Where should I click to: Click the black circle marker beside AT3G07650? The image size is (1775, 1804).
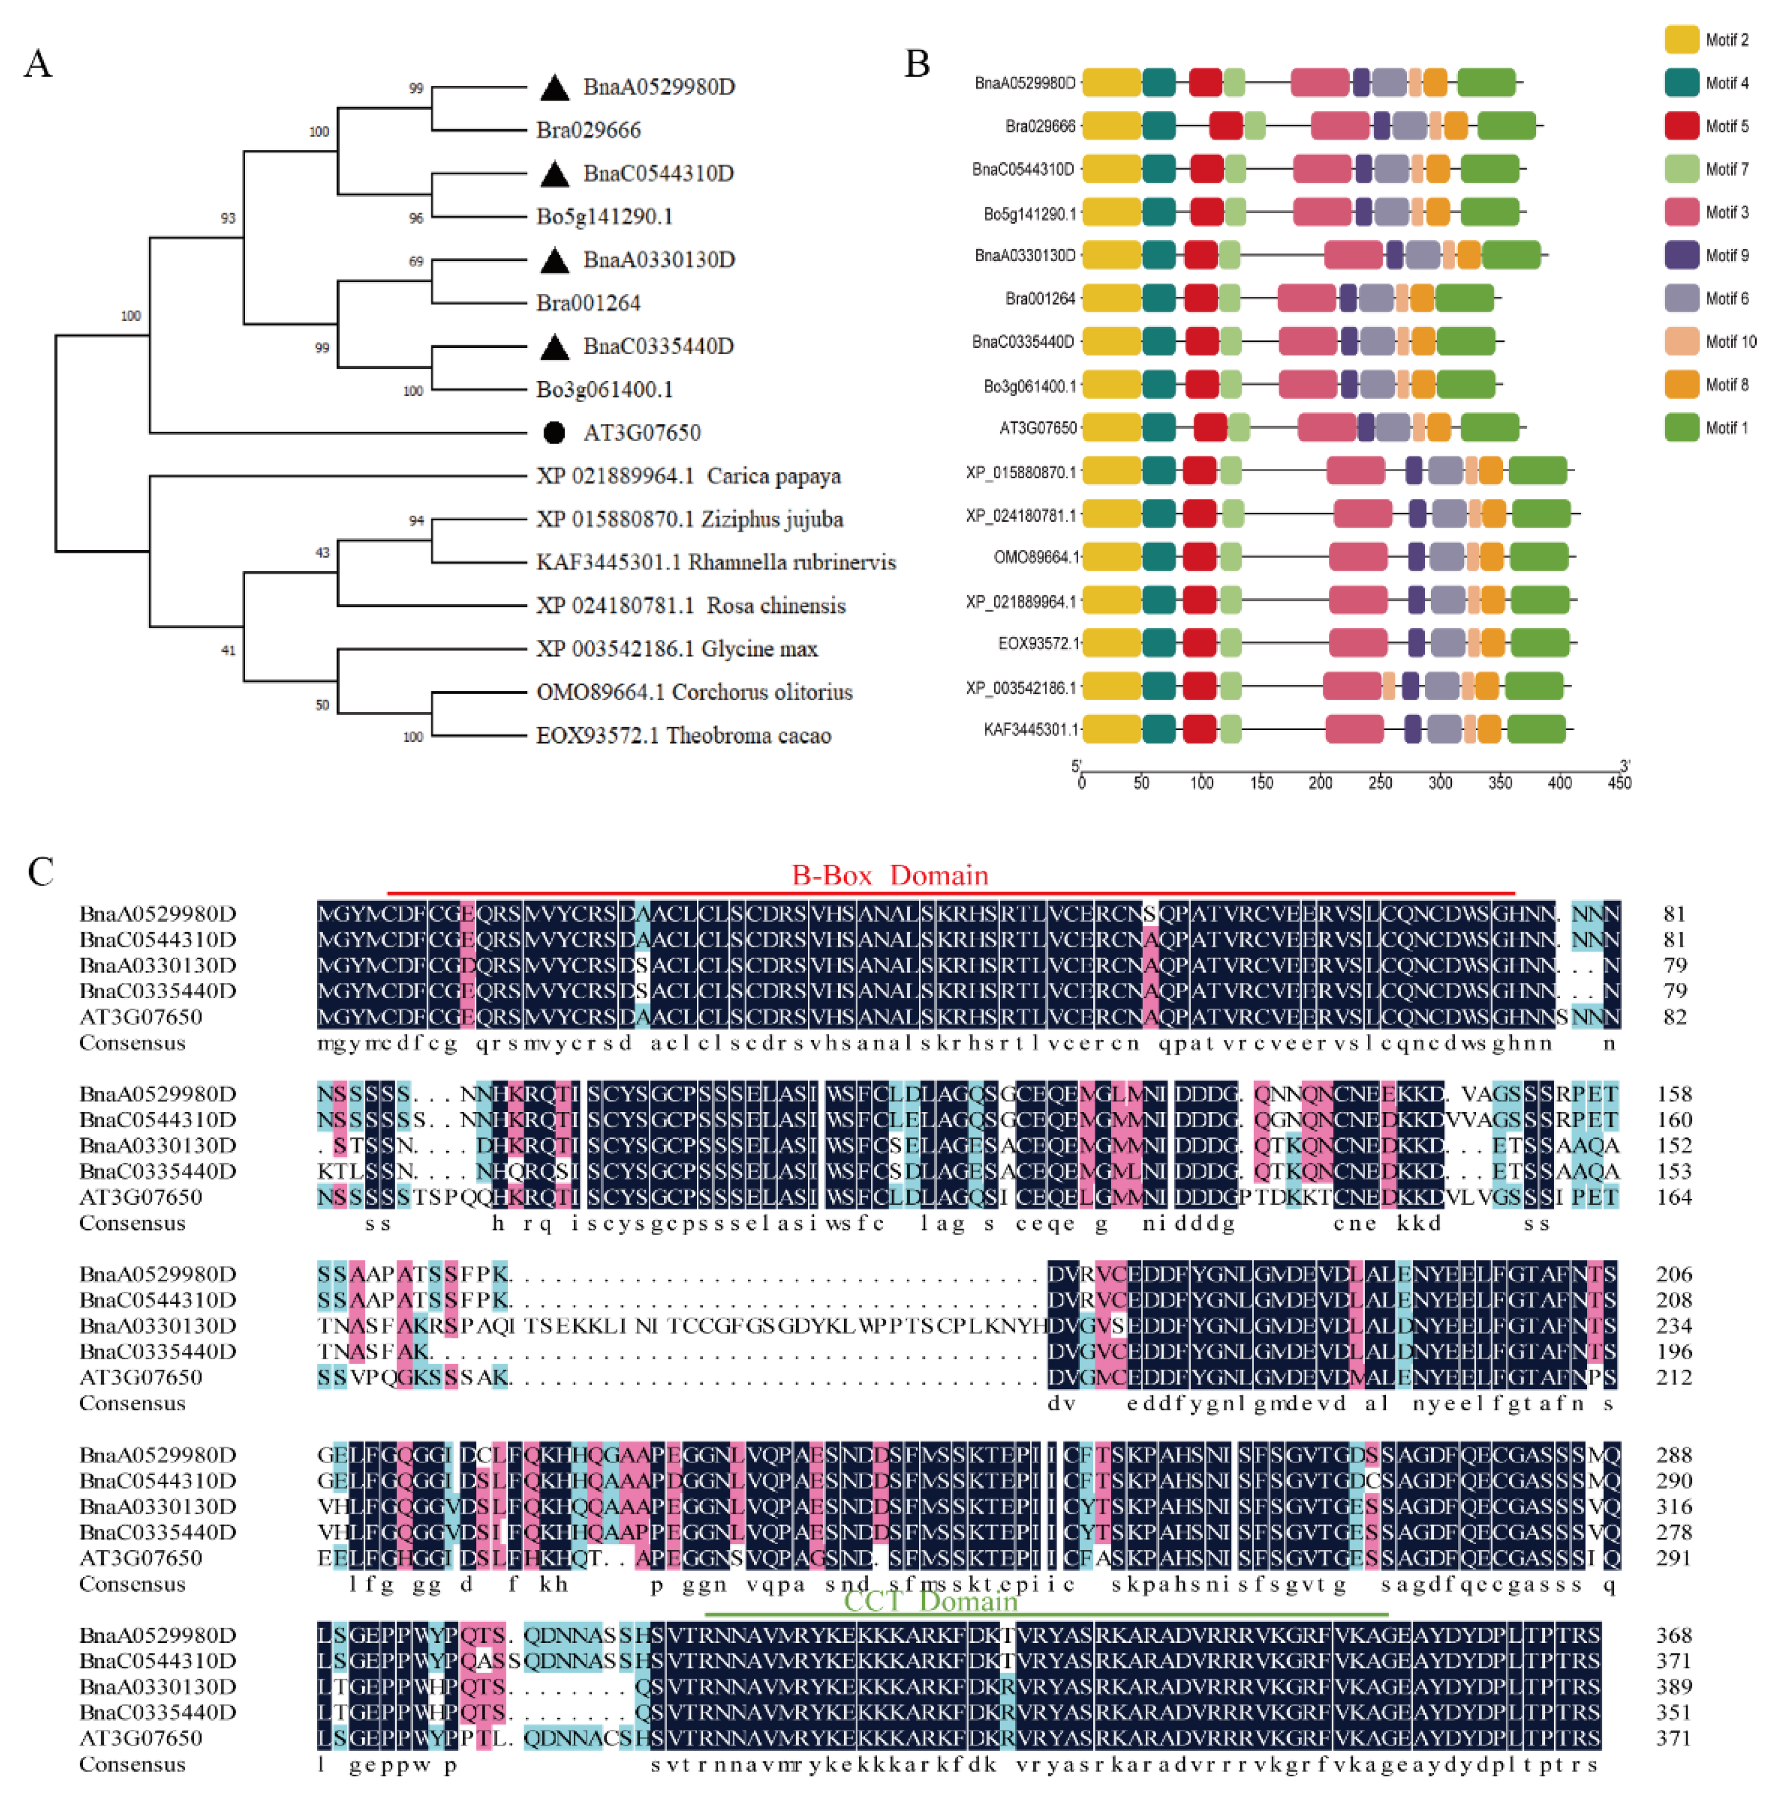point(554,433)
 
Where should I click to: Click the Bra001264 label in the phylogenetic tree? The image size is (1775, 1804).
point(588,303)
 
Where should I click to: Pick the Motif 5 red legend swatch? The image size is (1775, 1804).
point(1681,126)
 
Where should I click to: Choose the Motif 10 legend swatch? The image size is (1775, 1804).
point(1681,341)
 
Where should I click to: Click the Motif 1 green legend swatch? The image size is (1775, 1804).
point(1681,428)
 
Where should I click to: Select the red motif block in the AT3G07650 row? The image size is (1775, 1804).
point(1210,428)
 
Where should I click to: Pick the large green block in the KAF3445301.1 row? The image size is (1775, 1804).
point(1537,729)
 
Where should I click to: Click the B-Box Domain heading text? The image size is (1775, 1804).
point(889,876)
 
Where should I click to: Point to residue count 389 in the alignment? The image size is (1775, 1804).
point(1674,1686)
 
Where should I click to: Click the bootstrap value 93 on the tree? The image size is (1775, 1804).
point(228,218)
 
